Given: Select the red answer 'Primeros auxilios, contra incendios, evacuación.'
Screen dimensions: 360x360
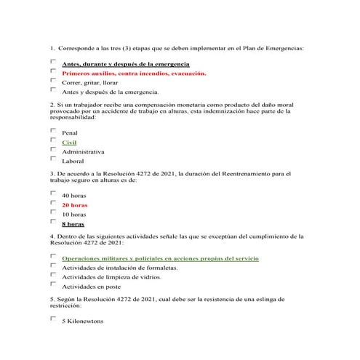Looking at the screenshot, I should (x=134, y=73).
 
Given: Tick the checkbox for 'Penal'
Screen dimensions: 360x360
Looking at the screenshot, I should (x=53, y=130).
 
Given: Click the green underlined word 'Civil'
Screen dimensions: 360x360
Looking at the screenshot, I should (x=69, y=143).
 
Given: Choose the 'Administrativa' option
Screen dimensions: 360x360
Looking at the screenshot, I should (x=83, y=151).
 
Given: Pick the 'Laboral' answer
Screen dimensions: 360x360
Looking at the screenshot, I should (x=73, y=161).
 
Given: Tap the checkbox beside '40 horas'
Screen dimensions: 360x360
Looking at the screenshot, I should (x=53, y=193).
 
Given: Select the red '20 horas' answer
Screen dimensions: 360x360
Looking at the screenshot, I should (x=74, y=205).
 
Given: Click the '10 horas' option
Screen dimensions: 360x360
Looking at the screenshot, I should (x=73, y=215).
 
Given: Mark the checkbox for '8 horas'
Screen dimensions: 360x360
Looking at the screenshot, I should (x=53, y=220).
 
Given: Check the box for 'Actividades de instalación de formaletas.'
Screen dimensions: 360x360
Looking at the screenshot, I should (x=53, y=265).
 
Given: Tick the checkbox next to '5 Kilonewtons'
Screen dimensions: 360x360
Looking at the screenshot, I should (x=53, y=319).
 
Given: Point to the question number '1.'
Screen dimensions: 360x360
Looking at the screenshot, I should (x=52, y=48).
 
